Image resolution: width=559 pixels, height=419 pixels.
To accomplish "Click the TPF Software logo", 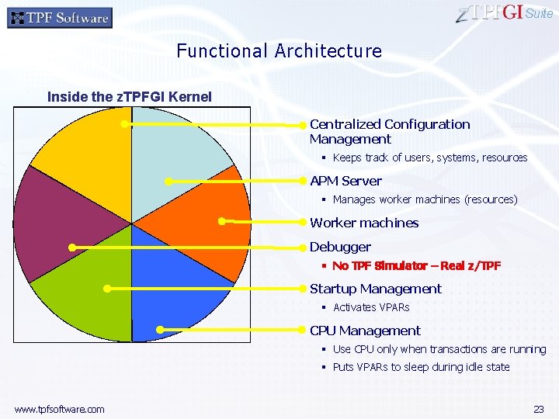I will coord(60,17).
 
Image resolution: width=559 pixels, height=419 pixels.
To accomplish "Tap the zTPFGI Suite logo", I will coord(505,14).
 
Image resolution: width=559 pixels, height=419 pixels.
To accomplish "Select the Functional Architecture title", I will coord(279,51).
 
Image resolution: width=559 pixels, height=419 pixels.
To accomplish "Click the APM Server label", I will coord(345,181).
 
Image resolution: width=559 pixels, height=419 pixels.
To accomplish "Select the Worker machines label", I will coord(364,223).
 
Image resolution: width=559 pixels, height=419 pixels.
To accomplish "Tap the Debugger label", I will coord(340,247).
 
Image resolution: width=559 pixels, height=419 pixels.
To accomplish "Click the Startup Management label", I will coord(376,289).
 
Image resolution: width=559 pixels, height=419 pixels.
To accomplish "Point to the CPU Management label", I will coord(365,331).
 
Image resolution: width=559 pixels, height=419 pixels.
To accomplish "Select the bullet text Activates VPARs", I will coord(371,308).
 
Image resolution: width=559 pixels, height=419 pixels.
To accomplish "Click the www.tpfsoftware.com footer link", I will coord(59,409).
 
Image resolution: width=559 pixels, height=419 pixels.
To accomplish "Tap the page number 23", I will coord(538,409).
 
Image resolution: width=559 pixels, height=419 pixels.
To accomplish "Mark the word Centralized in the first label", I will coord(345,124).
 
